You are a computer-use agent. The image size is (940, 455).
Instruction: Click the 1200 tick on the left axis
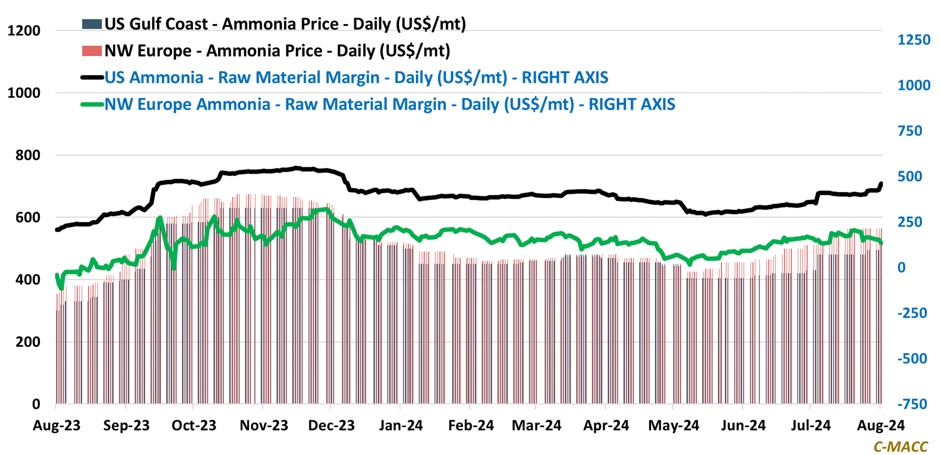(24, 30)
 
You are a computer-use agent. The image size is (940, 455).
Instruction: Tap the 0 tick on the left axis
(36, 404)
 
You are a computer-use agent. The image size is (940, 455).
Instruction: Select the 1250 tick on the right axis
(913, 40)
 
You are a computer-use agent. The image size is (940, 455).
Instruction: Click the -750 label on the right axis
(912, 404)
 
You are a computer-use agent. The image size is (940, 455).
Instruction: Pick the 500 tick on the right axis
(909, 177)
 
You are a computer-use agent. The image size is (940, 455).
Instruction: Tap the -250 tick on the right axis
(912, 313)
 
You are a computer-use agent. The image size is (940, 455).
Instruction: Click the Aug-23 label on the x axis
(57, 425)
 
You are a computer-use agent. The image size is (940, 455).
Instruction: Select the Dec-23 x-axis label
(331, 425)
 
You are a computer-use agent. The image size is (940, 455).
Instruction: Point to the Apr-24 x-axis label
(606, 425)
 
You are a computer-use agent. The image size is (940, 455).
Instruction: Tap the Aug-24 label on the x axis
(880, 425)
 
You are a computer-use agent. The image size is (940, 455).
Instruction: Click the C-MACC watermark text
(901, 447)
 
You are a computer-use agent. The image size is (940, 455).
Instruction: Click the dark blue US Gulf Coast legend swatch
(92, 24)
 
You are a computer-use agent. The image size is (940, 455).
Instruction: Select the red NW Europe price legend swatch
(92, 51)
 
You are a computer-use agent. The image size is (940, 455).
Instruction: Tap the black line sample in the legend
(92, 78)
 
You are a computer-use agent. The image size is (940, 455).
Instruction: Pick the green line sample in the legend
(92, 104)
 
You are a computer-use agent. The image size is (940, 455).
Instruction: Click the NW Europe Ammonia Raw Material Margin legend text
(389, 104)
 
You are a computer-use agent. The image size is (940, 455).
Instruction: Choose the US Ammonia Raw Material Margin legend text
(356, 78)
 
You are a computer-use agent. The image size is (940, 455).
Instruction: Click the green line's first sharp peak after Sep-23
(159, 218)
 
